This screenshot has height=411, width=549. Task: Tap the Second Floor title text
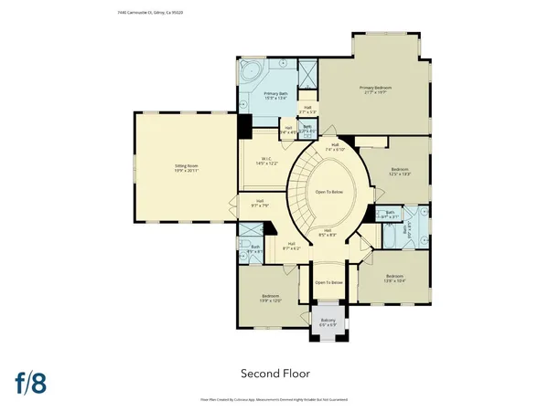(x=274, y=373)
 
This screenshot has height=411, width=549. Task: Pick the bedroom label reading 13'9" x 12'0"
(x=269, y=299)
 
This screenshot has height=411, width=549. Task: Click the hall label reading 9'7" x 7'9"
(x=260, y=205)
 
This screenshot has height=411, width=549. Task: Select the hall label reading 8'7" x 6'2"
(x=290, y=245)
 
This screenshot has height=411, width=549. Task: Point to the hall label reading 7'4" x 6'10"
(x=336, y=146)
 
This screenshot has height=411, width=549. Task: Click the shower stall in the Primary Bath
(x=307, y=72)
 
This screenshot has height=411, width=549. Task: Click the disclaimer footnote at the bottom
(x=274, y=399)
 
